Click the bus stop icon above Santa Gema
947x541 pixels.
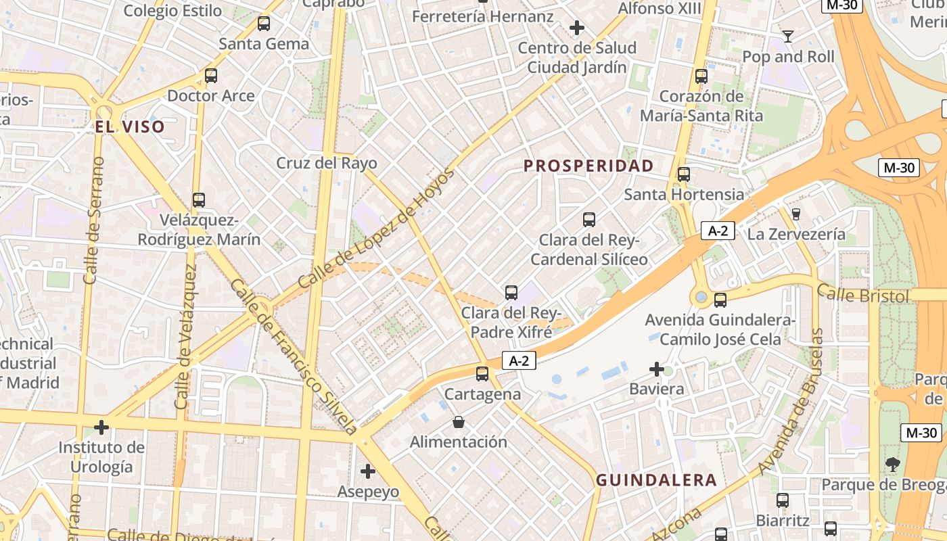264,24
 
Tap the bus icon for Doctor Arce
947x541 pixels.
211,76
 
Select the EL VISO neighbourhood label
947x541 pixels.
130,126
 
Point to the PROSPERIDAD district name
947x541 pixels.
588,166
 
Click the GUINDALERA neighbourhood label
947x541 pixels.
656,480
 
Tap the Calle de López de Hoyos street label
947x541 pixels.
376,229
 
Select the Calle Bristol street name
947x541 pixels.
862,295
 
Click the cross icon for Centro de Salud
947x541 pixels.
576,28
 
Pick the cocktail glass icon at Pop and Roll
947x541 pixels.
787,37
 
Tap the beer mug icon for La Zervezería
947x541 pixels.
795,214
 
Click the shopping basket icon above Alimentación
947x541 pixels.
459,423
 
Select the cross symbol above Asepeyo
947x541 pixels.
368,471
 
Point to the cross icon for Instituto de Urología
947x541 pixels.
101,427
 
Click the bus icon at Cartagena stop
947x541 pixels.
482,373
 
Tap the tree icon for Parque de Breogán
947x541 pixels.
893,464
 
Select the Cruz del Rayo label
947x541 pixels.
327,163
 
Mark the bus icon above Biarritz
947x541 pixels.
783,500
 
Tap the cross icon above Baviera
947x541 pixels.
656,369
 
